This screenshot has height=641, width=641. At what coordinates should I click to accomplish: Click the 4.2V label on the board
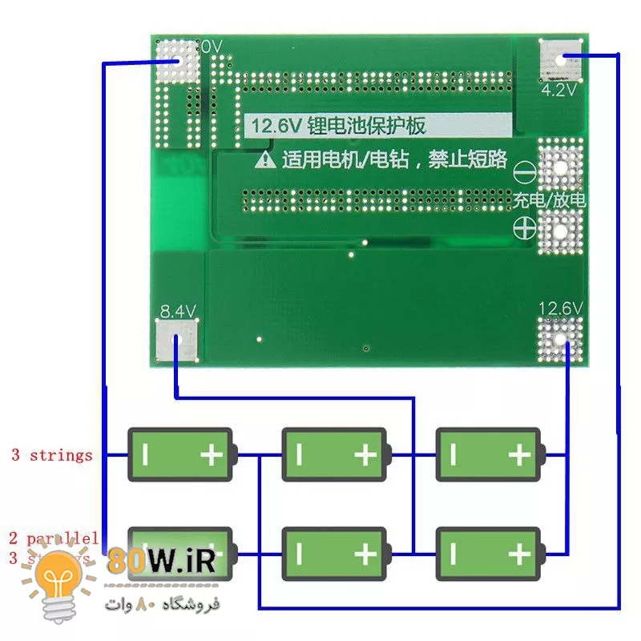pyautogui.click(x=558, y=91)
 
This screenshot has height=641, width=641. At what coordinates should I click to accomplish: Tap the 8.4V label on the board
pyautogui.click(x=178, y=311)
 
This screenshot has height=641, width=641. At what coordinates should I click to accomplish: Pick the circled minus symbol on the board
pyautogui.click(x=524, y=171)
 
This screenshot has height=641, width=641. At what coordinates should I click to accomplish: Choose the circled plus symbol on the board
pyautogui.click(x=524, y=228)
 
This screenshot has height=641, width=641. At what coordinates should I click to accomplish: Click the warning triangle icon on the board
pyautogui.click(x=265, y=159)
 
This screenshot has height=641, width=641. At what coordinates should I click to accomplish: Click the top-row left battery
pyautogui.click(x=181, y=455)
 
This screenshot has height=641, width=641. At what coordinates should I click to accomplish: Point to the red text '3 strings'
pyautogui.click(x=51, y=456)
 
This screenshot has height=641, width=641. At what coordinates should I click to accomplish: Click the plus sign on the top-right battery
pyautogui.click(x=519, y=456)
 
